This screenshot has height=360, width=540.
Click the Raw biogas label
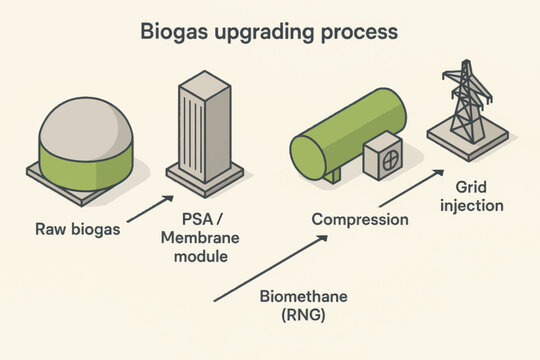77,229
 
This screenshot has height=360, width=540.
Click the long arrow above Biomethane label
270,268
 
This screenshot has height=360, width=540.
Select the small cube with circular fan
383,158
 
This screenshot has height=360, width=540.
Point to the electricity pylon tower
466,100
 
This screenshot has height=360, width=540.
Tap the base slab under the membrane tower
204,180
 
